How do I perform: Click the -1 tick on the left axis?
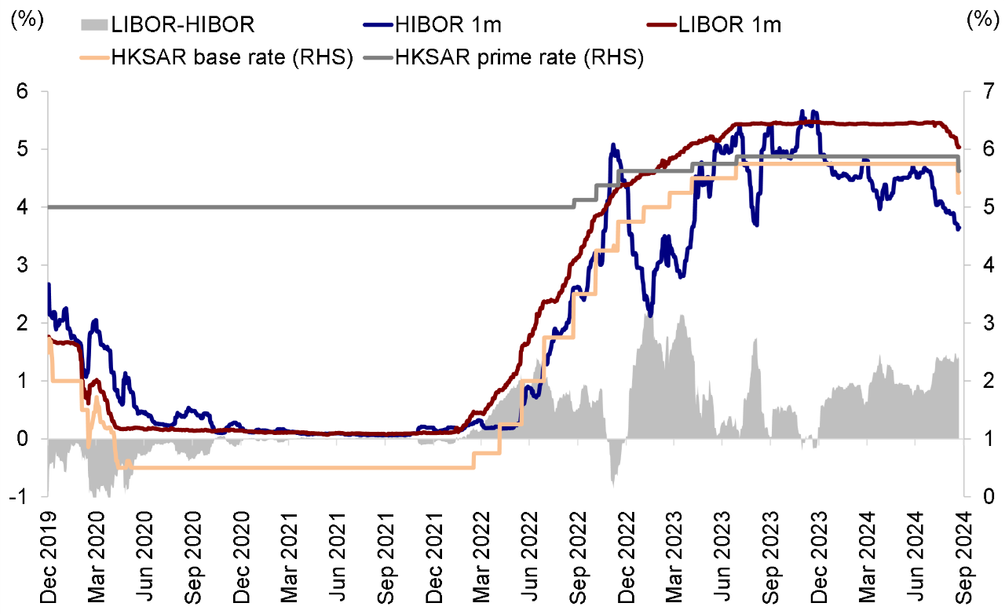[x=20, y=497]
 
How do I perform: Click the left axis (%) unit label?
[x=25, y=21]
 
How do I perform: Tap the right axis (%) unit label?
[x=981, y=21]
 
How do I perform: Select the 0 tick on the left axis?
[x=23, y=439]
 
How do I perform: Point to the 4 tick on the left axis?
[x=23, y=207]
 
